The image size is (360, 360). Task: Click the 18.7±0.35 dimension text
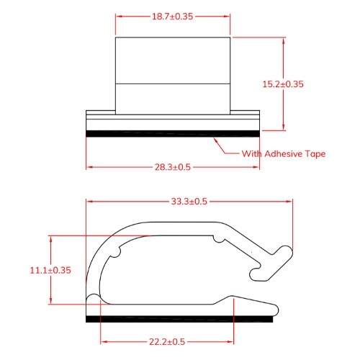pyautogui.click(x=173, y=14)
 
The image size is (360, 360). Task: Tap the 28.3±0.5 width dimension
pyautogui.click(x=173, y=167)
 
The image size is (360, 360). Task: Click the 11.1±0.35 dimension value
pyautogui.click(x=50, y=270)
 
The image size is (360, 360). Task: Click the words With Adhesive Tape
pyautogui.click(x=284, y=153)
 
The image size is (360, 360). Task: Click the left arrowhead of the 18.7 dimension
pyautogui.click(x=119, y=14)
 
